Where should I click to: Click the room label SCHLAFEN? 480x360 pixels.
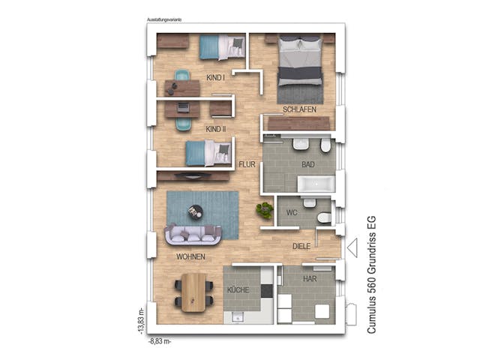299,109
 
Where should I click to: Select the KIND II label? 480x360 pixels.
216,129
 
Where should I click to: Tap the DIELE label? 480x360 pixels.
302,245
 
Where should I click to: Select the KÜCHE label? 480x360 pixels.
238,289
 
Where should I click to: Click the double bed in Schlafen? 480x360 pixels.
301,68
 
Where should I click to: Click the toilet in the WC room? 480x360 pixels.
324,217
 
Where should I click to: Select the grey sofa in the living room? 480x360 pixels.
193,235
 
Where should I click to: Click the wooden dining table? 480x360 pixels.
194,291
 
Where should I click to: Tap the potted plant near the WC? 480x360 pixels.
264,210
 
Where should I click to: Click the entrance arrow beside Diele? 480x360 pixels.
352,247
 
